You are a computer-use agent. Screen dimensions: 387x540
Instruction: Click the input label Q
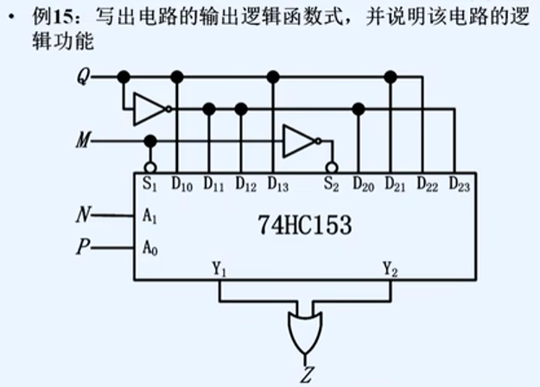(84, 77)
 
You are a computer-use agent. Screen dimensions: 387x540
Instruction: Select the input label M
(84, 140)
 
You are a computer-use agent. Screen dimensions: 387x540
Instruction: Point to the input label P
(85, 248)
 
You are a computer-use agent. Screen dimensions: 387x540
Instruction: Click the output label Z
(307, 374)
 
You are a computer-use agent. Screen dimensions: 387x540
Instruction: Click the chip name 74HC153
(304, 226)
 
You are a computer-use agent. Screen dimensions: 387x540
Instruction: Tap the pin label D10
(182, 183)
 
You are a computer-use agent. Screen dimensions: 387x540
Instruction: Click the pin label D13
(278, 183)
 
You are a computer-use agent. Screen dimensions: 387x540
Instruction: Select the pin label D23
(460, 183)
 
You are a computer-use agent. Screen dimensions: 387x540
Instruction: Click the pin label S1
(149, 183)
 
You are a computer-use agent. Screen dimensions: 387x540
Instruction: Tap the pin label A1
(149, 217)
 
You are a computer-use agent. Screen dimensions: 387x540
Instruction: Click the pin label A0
(149, 249)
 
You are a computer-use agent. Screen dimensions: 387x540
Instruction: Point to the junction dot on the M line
(149, 140)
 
